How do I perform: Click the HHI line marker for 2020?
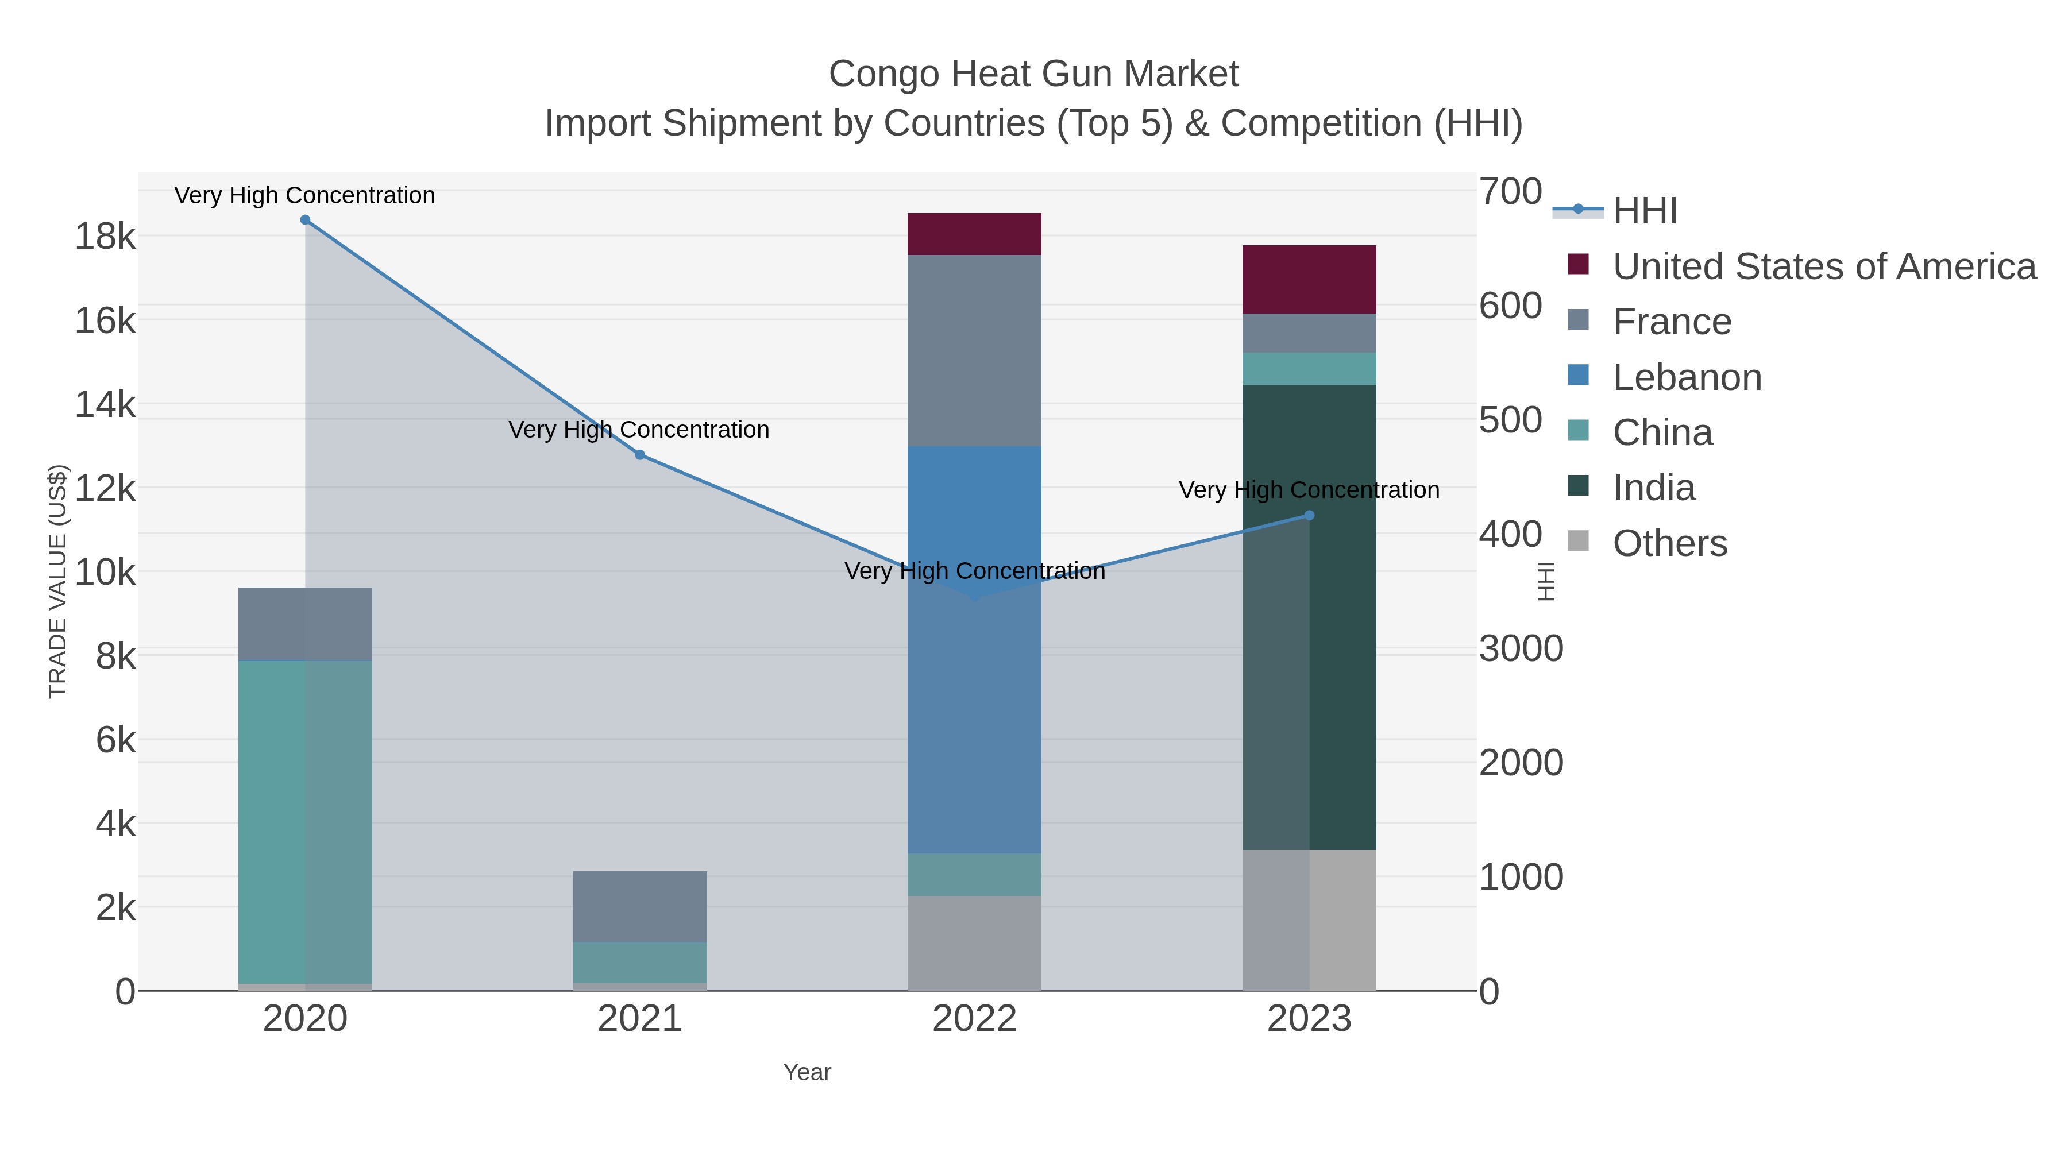[x=305, y=220]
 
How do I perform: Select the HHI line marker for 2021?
[x=640, y=455]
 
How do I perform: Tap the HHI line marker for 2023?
[x=1309, y=515]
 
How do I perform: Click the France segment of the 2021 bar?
[x=640, y=906]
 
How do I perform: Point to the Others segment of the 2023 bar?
[x=1342, y=920]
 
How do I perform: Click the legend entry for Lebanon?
[x=1687, y=377]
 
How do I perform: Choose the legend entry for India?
[x=1654, y=488]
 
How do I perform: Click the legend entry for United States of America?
[x=1824, y=266]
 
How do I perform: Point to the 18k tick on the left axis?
[x=105, y=237]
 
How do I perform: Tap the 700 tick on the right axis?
[x=1510, y=192]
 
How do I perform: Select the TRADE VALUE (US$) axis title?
[x=58, y=581]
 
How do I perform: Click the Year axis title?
[x=807, y=1072]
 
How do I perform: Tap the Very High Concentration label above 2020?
[x=305, y=195]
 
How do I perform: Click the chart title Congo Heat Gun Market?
[x=1033, y=74]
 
